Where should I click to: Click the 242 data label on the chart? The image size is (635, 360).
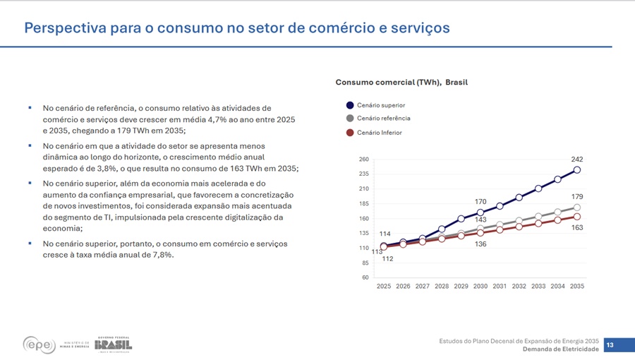577,160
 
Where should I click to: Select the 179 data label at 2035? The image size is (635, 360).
577,196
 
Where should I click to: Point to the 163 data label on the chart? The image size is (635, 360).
577,228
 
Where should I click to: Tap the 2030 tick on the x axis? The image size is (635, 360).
480,287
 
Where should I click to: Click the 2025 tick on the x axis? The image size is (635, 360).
384,287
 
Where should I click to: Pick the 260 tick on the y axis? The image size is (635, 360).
364,160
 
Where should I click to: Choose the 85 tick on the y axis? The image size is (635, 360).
365,263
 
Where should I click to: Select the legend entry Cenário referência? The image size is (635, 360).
383,119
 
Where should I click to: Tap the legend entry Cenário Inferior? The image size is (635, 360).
379,133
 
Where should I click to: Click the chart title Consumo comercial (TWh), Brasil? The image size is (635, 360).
401,83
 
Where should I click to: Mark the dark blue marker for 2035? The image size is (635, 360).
577,170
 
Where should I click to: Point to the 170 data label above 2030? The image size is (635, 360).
480,202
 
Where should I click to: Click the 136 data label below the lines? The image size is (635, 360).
480,244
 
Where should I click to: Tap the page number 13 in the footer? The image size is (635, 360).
610,345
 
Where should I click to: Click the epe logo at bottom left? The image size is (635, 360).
39,344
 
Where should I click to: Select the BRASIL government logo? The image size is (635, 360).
113,344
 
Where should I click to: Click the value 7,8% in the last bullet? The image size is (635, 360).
160,256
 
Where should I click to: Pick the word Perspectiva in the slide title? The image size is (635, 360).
66,28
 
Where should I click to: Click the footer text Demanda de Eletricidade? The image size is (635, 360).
560,349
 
